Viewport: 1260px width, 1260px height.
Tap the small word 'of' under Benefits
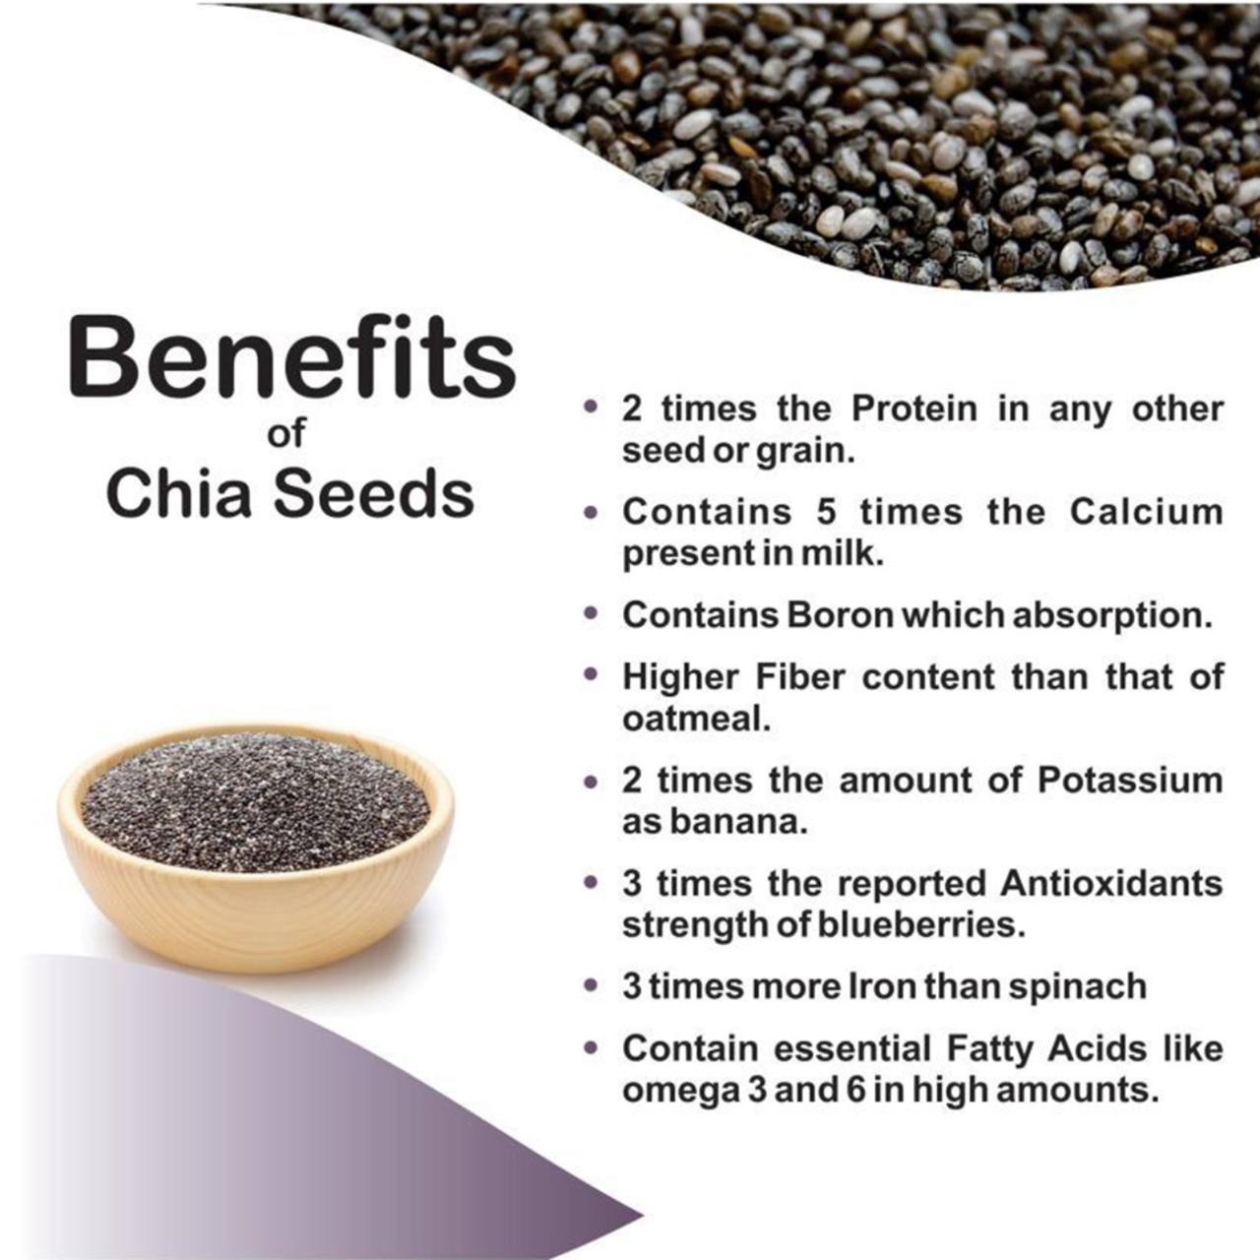(287, 433)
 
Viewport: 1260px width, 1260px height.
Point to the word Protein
(914, 409)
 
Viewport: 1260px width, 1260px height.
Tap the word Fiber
(800, 676)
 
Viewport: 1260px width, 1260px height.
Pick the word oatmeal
(693, 720)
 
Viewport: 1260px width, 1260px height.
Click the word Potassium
(1130, 781)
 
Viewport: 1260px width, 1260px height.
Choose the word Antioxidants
(1112, 884)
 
